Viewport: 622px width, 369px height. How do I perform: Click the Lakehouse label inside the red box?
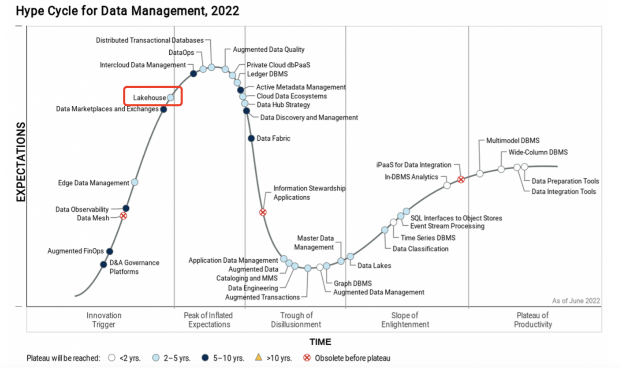click(149, 98)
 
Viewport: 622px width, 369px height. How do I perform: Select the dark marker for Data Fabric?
click(251, 138)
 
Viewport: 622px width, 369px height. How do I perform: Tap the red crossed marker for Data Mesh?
click(123, 216)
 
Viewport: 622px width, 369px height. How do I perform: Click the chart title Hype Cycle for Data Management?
click(127, 11)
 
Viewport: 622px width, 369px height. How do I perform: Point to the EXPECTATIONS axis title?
click(21, 162)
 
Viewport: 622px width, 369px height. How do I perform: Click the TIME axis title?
click(320, 342)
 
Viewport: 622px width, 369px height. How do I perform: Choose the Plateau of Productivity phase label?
click(533, 320)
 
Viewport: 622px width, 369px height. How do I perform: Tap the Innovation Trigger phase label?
click(104, 320)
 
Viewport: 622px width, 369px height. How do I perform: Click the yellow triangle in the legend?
click(259, 358)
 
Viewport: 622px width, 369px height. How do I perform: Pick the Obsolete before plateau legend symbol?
click(308, 358)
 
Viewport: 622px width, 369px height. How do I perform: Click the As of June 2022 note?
click(576, 301)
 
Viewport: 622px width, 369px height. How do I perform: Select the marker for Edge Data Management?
click(135, 182)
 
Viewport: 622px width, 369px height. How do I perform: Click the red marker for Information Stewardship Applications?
click(263, 212)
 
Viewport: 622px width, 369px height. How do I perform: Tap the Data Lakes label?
click(374, 265)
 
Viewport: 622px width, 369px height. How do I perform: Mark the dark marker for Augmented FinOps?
click(110, 251)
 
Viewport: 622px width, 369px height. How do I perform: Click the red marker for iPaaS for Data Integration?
click(461, 179)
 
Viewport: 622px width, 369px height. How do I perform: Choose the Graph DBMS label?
click(353, 283)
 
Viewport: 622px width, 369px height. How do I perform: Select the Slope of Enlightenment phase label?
click(404, 320)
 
